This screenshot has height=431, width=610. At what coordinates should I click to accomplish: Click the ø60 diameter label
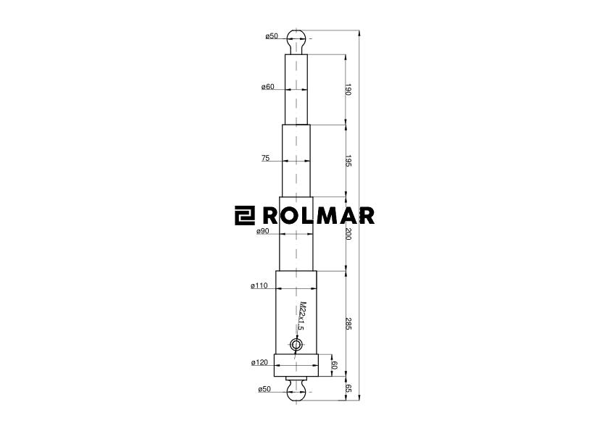pos(268,87)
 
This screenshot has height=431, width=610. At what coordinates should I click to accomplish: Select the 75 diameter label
pos(266,158)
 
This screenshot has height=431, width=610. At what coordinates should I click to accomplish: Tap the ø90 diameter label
pos(263,232)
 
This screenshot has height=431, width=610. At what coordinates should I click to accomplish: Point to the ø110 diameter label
pos(259,286)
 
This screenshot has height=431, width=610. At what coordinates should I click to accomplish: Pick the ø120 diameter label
pos(259,362)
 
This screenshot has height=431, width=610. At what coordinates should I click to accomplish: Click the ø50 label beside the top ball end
pos(272,36)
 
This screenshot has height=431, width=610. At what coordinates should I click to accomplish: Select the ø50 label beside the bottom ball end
pos(264,390)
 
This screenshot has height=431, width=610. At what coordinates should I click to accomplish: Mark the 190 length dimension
pos(348,90)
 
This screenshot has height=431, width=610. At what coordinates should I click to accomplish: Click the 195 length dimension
pos(348,161)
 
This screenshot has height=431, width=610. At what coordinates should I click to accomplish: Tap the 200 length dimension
pos(348,234)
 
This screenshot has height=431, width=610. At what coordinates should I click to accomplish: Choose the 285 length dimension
pos(348,324)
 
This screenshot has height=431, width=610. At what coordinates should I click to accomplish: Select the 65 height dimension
pos(348,388)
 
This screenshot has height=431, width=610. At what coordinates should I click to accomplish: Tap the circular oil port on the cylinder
pos(296,346)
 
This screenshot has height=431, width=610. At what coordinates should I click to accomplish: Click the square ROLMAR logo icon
pos(245,216)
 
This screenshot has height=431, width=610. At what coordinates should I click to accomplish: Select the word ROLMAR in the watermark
pos(318,216)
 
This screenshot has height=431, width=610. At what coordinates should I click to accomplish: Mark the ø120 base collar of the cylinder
pos(296,366)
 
